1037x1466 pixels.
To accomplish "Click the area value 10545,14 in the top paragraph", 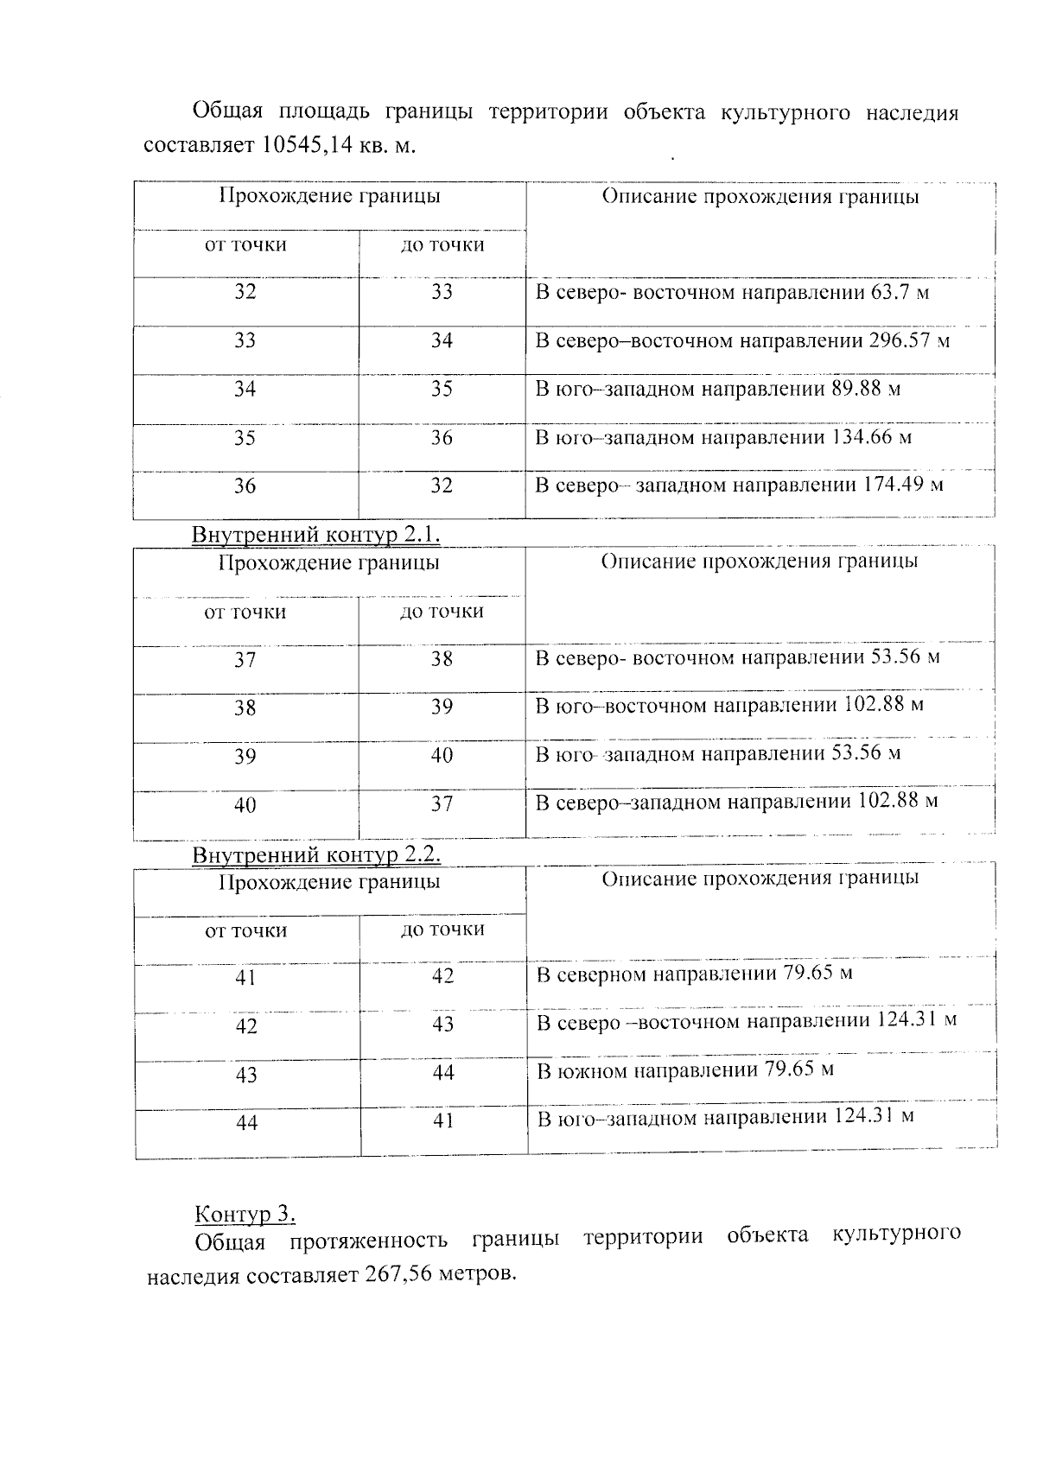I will [x=306, y=145].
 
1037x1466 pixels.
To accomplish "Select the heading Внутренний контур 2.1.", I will [x=315, y=535].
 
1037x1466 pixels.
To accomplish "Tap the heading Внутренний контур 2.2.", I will [x=315, y=854].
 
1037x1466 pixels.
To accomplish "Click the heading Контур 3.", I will [x=245, y=1214].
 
